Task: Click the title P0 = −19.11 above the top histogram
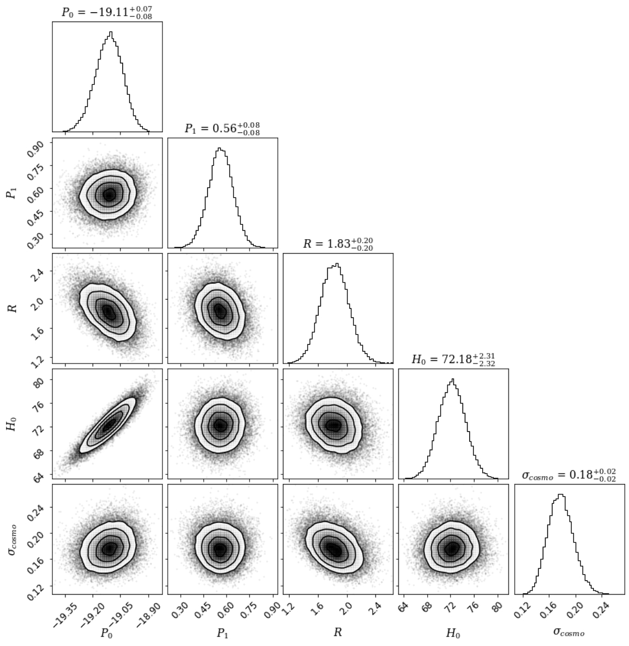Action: click(x=107, y=11)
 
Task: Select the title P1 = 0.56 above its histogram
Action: click(x=222, y=128)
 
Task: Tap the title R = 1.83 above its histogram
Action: click(x=338, y=244)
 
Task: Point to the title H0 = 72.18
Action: click(x=453, y=360)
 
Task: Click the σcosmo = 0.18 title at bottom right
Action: click(x=569, y=475)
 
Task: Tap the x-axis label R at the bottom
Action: click(x=338, y=632)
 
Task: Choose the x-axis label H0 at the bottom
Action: click(x=453, y=632)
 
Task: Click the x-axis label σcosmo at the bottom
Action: click(x=569, y=632)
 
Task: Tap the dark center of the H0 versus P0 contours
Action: click(x=107, y=425)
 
